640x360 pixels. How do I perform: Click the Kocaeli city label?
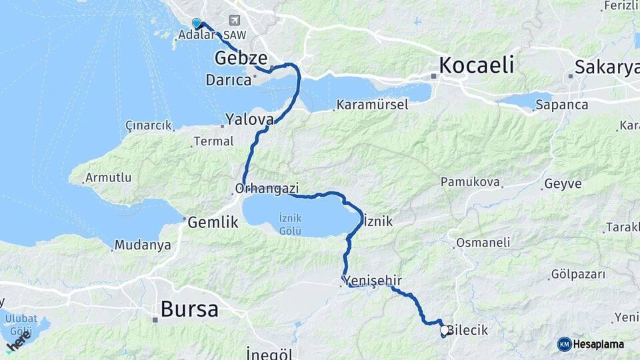[477, 65]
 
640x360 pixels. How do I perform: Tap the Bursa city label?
[189, 309]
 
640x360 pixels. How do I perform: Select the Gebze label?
[241, 59]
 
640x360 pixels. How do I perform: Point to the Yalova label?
[249, 119]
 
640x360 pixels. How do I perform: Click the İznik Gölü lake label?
[290, 224]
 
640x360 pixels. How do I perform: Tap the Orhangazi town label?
[267, 188]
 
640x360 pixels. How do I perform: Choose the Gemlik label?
[213, 223]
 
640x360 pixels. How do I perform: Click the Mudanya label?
[143, 245]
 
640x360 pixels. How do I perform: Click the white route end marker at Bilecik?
[444, 329]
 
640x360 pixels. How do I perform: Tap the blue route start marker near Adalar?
[197, 23]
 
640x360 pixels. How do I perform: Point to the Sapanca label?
[561, 105]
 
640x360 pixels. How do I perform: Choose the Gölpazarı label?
[578, 274]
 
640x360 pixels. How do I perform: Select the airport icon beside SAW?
[234, 21]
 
